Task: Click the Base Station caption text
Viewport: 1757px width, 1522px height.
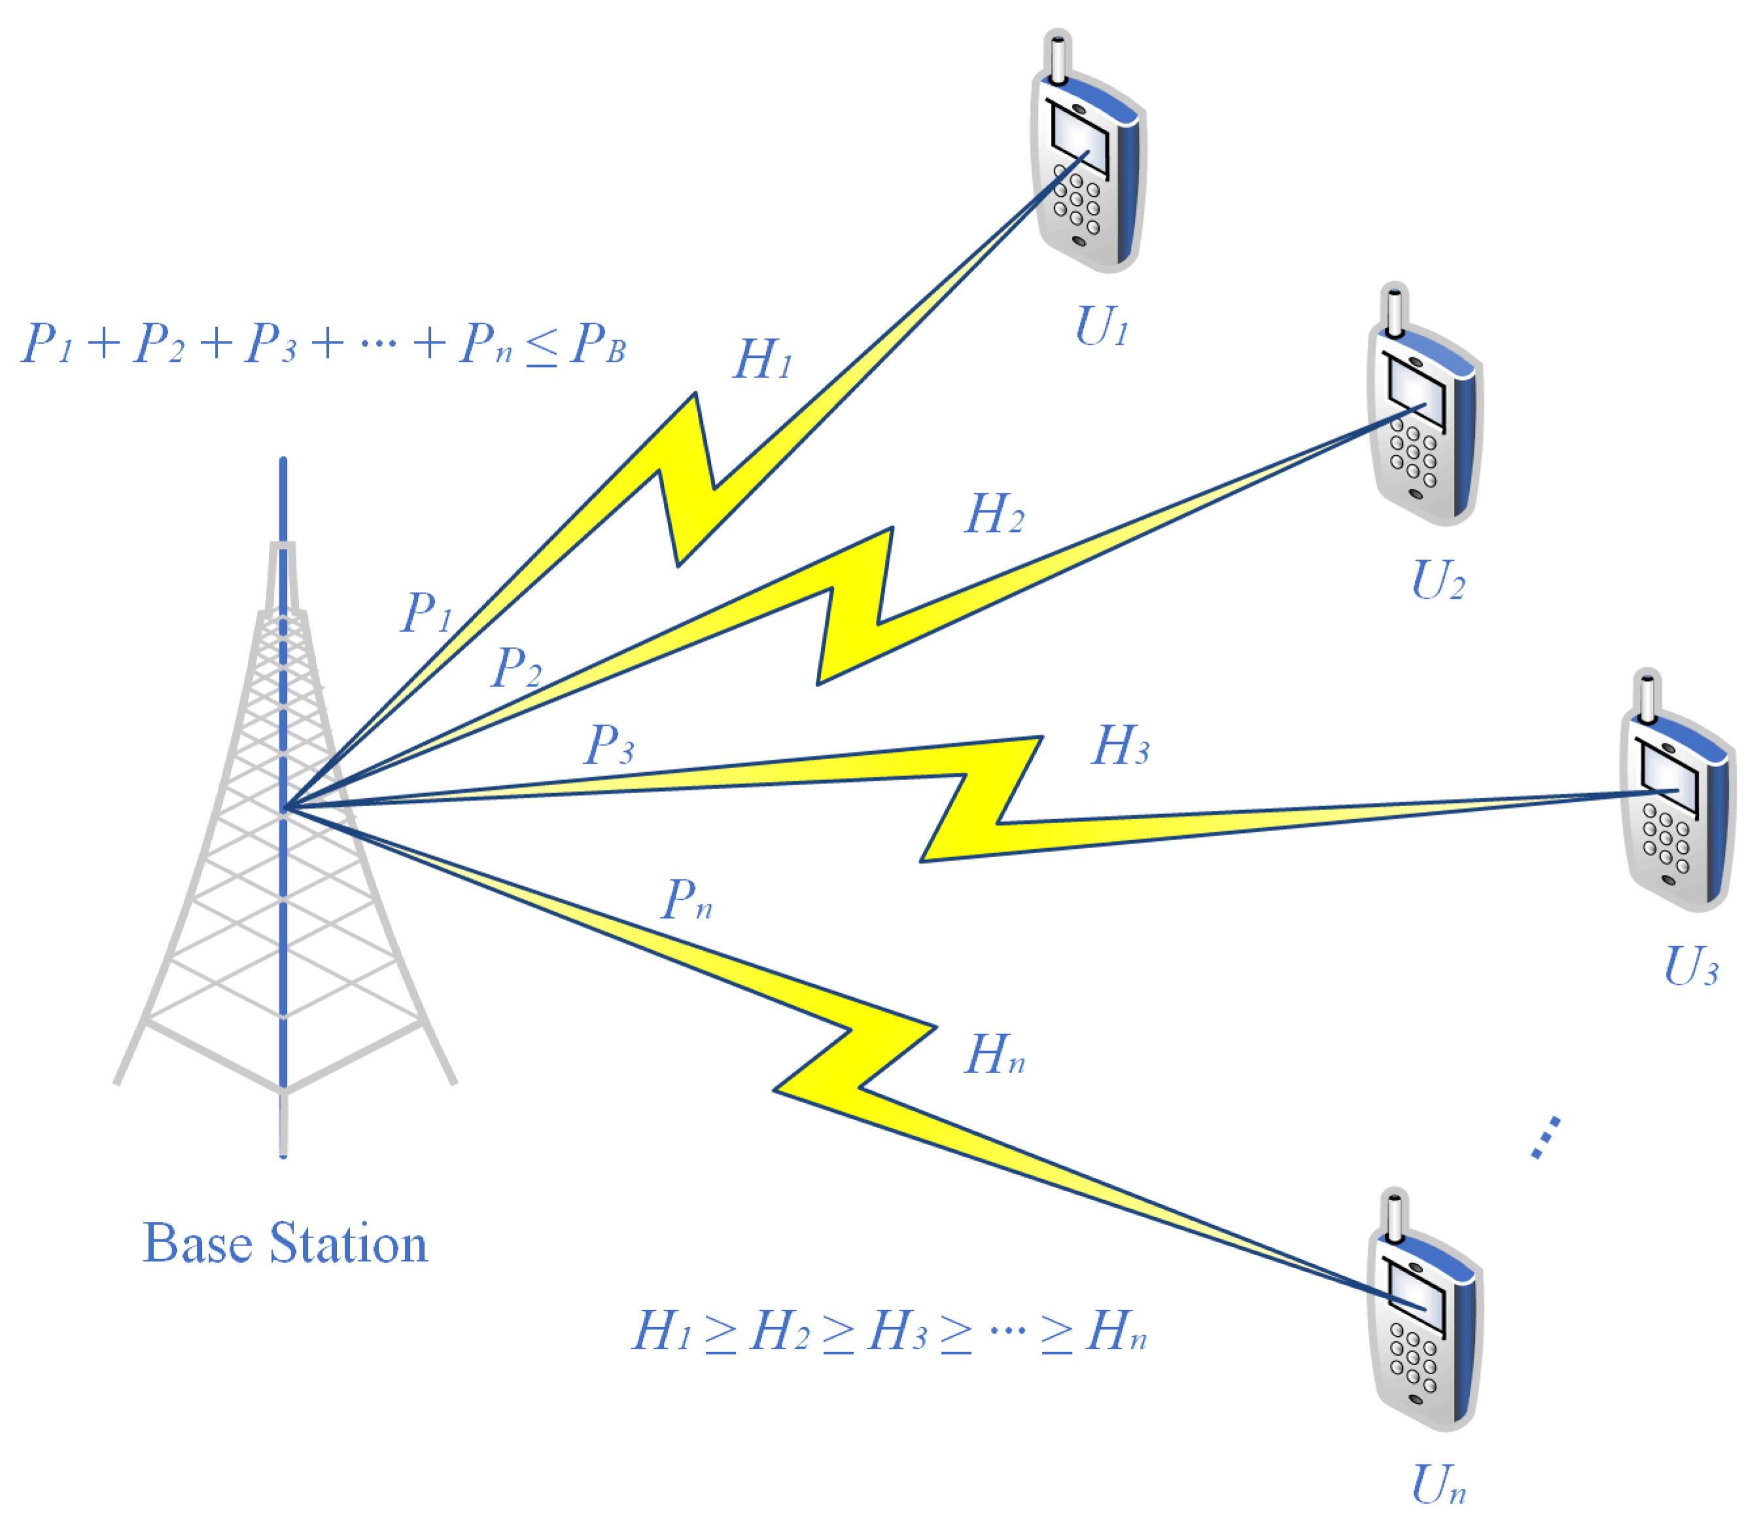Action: (x=285, y=1245)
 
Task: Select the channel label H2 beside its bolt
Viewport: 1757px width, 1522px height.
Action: (x=994, y=515)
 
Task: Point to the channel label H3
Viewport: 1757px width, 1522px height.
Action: (x=1119, y=747)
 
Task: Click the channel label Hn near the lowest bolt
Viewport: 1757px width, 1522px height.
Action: (x=994, y=1055)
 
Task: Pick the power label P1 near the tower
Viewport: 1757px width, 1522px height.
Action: (x=426, y=612)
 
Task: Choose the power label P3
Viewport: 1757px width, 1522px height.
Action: (x=609, y=745)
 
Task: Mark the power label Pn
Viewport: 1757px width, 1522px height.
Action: (x=686, y=900)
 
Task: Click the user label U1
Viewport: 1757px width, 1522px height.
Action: (x=1100, y=327)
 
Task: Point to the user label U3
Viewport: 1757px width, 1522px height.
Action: (x=1690, y=967)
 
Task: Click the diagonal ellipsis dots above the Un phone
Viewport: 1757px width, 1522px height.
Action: (x=1546, y=1138)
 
